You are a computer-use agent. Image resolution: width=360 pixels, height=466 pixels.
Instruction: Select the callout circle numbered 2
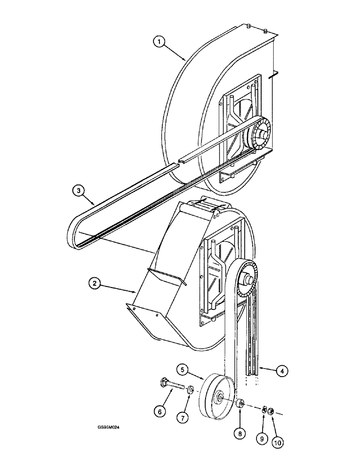[96, 283]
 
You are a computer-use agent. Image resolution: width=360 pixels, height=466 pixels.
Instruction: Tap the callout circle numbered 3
[79, 191]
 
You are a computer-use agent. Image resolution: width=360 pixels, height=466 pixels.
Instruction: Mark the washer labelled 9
[263, 409]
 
